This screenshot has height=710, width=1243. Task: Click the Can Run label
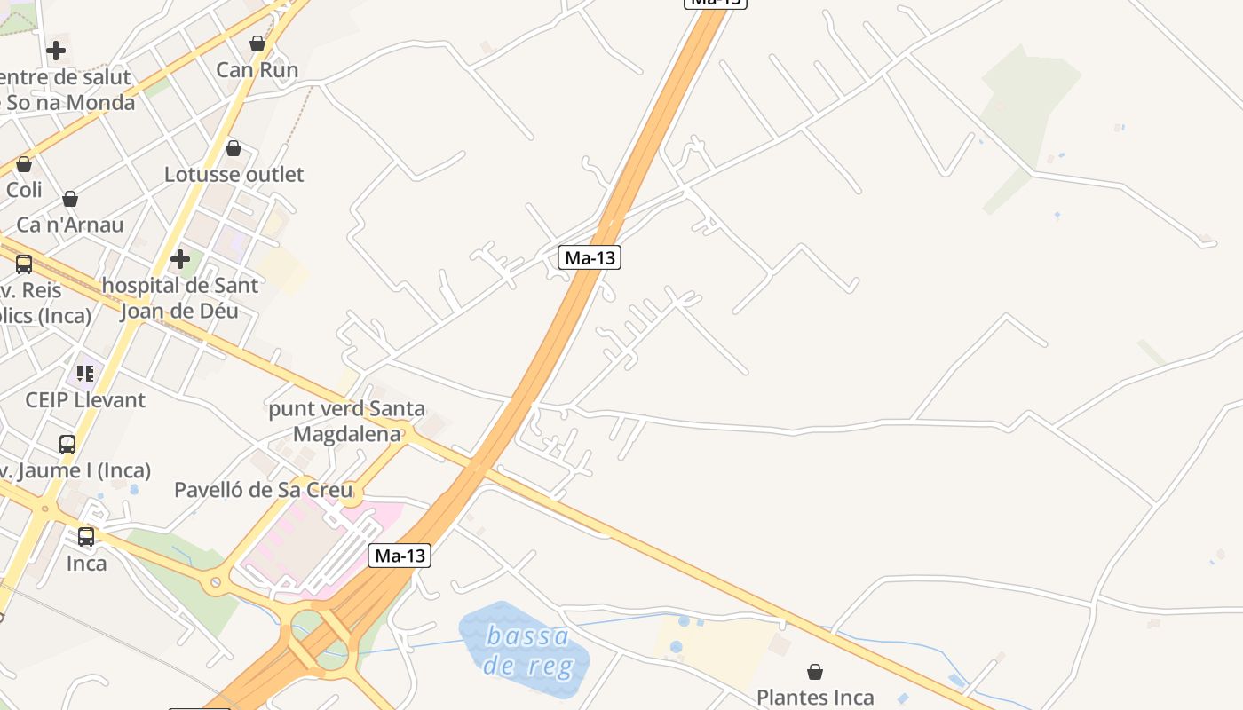click(257, 70)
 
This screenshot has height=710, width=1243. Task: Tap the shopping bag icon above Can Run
click(257, 43)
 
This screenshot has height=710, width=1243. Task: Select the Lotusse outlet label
click(234, 174)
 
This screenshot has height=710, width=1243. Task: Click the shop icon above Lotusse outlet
click(234, 148)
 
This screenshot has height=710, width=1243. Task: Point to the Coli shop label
click(24, 190)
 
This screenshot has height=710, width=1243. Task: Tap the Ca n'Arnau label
click(70, 225)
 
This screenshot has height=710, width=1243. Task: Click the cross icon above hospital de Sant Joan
click(180, 259)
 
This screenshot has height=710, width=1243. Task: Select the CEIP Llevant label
click(85, 399)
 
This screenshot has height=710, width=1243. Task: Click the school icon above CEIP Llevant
click(85, 373)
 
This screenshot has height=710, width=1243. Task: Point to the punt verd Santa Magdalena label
click(347, 422)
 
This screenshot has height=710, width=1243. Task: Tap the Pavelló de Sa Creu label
click(264, 490)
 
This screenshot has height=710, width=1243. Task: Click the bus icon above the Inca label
click(86, 537)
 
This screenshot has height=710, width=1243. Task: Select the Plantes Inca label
click(815, 698)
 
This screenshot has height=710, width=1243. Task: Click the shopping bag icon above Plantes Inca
click(815, 672)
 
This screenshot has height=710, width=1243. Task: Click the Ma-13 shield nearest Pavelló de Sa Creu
click(400, 556)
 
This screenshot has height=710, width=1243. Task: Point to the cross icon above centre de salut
click(56, 51)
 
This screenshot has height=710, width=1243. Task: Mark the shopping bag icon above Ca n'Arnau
click(70, 199)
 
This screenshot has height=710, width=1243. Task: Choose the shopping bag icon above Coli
click(24, 164)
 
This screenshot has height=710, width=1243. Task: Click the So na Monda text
click(71, 102)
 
